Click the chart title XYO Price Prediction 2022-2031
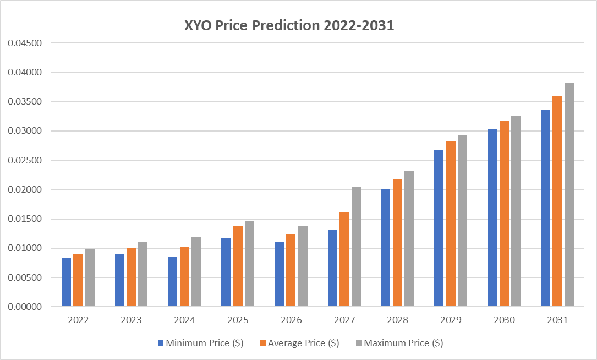pos(289,26)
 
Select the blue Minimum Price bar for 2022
pos(66,282)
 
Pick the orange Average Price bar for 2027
pos(344,259)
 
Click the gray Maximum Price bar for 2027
pos(356,247)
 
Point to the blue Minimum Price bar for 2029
pos(439,228)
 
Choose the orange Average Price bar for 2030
pos(504,213)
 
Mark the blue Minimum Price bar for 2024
pos(173,281)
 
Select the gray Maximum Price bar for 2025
pos(249,264)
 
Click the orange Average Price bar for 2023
pos(131,277)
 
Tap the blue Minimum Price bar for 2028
pos(386,248)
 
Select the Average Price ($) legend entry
pos(300,343)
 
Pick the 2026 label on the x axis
pos(291,320)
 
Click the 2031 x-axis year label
pos(557,320)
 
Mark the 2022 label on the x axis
pos(78,320)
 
